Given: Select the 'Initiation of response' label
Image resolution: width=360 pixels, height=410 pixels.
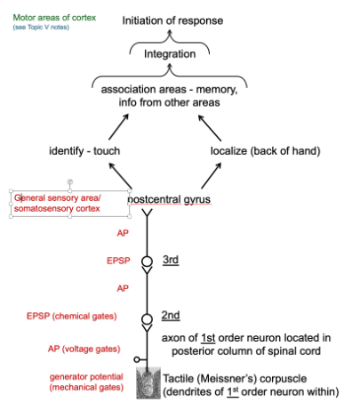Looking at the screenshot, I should point(172,20).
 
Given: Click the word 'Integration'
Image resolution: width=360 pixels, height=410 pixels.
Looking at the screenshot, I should point(172,54).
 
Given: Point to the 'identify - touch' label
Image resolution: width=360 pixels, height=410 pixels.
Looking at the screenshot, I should point(84,151).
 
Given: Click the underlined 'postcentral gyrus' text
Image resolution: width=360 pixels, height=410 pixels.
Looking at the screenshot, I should point(169,199).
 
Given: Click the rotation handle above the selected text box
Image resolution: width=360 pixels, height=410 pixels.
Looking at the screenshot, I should point(70,181).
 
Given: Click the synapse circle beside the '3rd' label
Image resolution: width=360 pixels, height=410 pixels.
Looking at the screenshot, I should point(147,261).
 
